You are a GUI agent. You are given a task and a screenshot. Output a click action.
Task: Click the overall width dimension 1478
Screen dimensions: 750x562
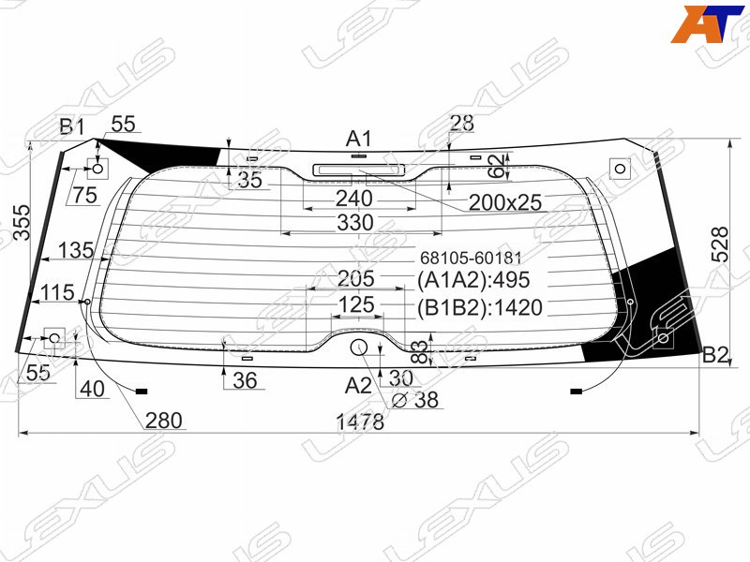pos(360,421)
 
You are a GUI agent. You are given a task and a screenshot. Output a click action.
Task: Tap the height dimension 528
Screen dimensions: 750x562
pos(720,244)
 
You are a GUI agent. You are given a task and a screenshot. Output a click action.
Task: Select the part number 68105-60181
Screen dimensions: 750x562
pos(471,259)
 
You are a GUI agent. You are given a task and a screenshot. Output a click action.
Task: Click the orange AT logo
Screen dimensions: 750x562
pos(707,24)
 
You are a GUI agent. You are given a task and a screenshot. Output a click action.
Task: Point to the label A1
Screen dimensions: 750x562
pos(358,139)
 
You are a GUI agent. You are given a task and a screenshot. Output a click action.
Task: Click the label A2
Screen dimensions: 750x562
pos(358,385)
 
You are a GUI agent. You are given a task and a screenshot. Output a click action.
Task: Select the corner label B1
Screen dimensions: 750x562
pos(72,126)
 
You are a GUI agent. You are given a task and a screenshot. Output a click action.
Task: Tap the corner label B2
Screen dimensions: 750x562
pos(715,355)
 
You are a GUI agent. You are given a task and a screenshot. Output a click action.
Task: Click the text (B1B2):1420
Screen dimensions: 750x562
pos(480,308)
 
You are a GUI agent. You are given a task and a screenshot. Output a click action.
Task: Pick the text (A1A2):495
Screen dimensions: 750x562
pos(473,280)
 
